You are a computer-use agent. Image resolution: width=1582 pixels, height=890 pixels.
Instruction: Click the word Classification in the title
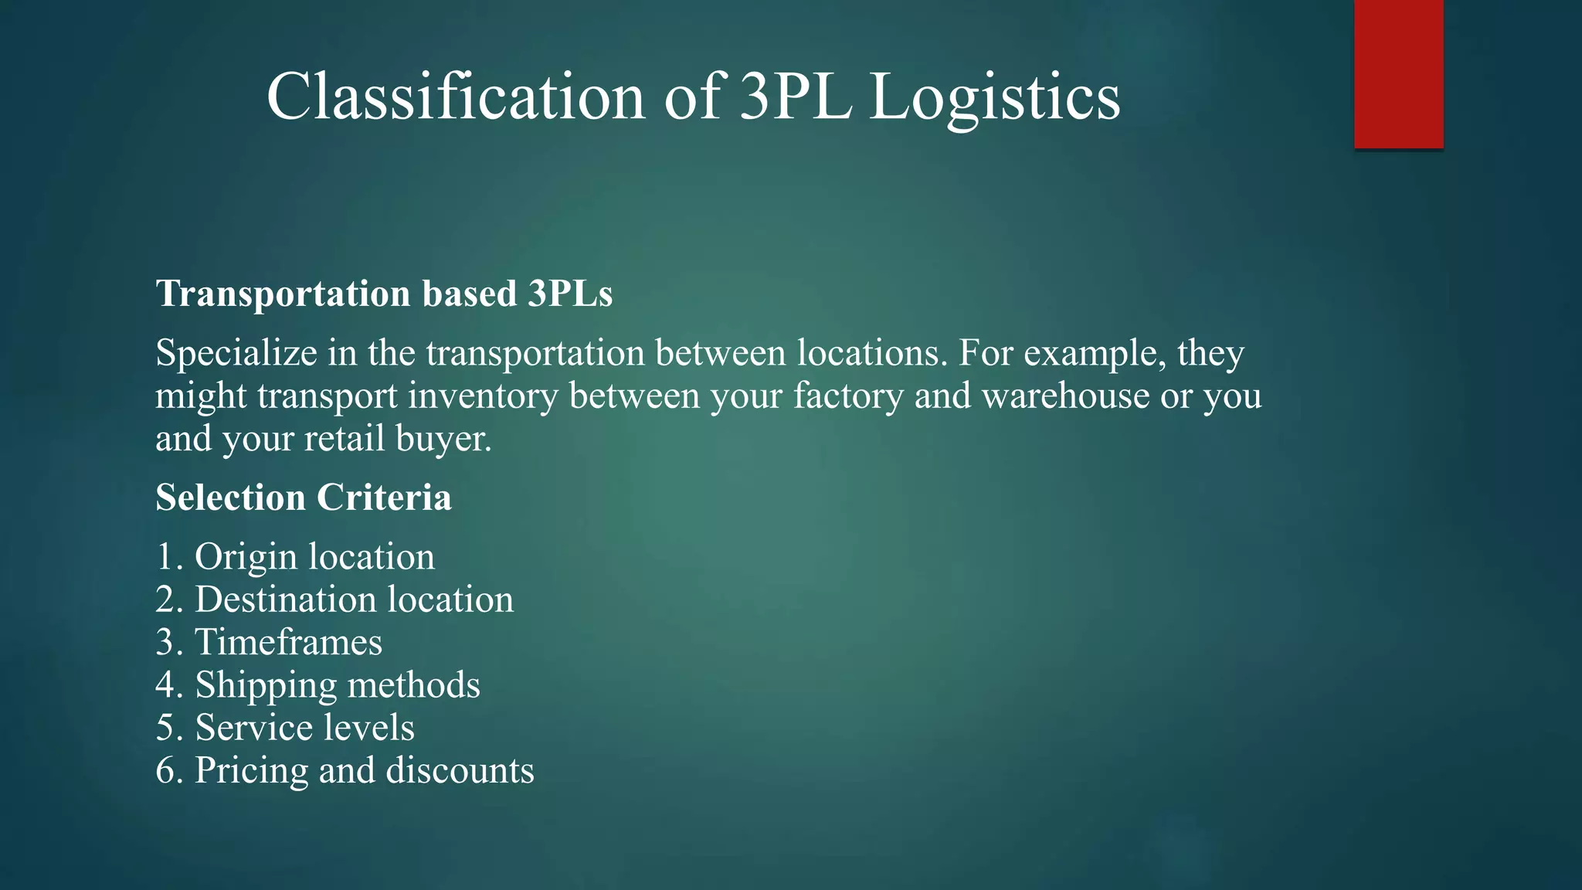click(x=456, y=97)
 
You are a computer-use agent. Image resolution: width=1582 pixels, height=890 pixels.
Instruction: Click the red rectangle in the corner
click(x=1398, y=73)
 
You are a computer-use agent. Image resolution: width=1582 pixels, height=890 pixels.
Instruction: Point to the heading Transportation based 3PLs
click(x=384, y=294)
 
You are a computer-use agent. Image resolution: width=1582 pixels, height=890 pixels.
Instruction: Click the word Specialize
click(x=236, y=354)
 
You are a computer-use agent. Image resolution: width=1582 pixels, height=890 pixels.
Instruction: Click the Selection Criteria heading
click(x=304, y=498)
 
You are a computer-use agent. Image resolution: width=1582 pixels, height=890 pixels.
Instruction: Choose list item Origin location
click(x=314, y=556)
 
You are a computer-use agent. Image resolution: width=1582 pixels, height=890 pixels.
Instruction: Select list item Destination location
click(x=354, y=600)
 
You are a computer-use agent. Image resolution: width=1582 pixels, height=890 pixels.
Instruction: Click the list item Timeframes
click(x=288, y=642)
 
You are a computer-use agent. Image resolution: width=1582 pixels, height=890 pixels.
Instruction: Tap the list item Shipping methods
click(x=338, y=685)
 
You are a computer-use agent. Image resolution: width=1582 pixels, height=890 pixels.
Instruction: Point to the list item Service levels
click(x=304, y=728)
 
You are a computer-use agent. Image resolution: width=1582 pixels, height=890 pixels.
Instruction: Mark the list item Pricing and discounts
click(x=364, y=770)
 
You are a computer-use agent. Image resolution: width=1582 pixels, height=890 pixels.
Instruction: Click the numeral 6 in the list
click(x=165, y=771)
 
